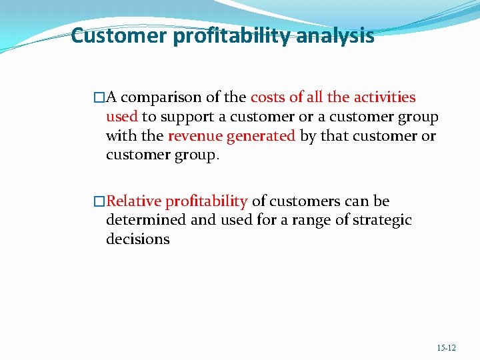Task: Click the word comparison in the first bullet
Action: click(x=162, y=98)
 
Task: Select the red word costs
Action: click(x=268, y=97)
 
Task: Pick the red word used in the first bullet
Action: click(x=121, y=117)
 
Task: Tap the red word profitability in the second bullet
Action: click(x=207, y=201)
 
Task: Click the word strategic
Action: click(x=381, y=221)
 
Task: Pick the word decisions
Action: click(x=137, y=239)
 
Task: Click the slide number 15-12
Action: click(x=446, y=348)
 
